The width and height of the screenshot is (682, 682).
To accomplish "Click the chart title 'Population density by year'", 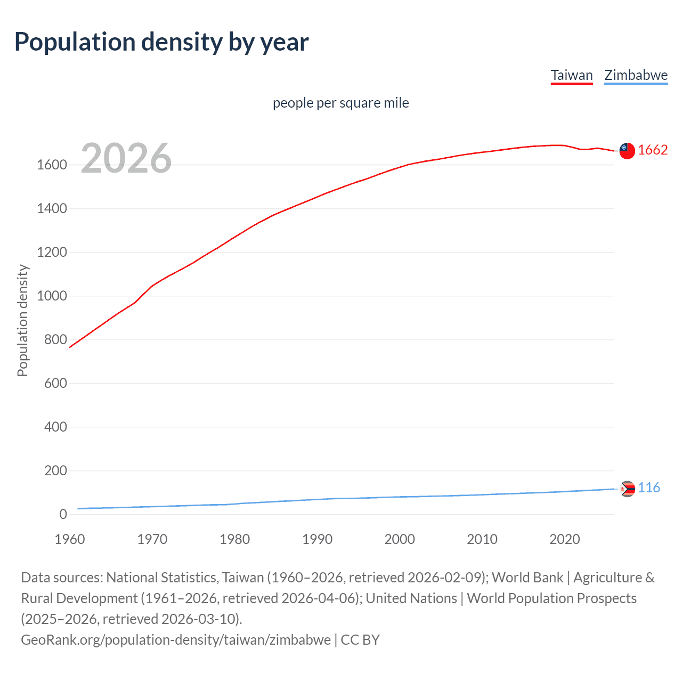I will point(161,42).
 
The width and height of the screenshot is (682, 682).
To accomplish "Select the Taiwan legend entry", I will point(572,75).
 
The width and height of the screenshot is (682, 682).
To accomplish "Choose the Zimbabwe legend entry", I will point(636,75).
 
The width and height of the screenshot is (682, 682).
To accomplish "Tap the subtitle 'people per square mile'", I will point(340,103).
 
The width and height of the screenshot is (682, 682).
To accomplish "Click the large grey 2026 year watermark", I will point(126,158).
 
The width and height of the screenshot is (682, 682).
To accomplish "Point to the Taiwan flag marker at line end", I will point(627,151).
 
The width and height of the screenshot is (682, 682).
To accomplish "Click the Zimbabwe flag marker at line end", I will point(628,489).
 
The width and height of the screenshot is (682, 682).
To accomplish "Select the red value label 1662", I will point(653,150).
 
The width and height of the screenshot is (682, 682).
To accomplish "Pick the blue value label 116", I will point(649,488).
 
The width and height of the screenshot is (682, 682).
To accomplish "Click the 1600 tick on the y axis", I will point(52,165).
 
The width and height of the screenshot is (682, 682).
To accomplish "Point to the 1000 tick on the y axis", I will point(52,296).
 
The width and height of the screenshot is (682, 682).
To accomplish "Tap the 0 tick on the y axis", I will point(63,515).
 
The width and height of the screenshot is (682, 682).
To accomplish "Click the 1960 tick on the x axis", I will point(70,539).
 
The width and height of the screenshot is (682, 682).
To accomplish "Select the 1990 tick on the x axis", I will point(317,539).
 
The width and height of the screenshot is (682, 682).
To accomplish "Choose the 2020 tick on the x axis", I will point(564,539).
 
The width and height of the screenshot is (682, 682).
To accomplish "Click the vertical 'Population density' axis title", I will point(22,321).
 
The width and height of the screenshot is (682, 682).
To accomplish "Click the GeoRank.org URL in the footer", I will point(175,640).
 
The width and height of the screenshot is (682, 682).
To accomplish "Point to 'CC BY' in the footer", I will point(360,640).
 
